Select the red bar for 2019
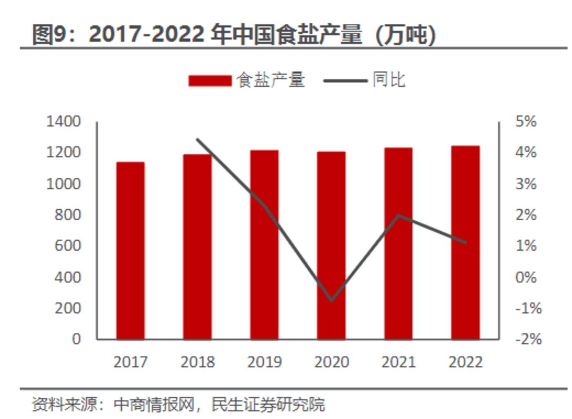[264, 245]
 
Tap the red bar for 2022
[465, 242]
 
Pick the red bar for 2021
[398, 244]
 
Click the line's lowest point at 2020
[332, 300]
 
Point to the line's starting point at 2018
[197, 140]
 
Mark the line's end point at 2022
[465, 242]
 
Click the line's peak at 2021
[399, 215]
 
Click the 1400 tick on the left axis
[63, 121]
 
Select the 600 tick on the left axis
[68, 246]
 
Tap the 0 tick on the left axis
[76, 339]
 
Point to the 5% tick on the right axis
[526, 121]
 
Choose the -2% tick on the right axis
[528, 339]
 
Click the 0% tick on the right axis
[526, 277]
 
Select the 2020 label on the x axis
[332, 362]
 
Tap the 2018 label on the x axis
[197, 362]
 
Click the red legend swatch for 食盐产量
[210, 80]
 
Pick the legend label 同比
[389, 80]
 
